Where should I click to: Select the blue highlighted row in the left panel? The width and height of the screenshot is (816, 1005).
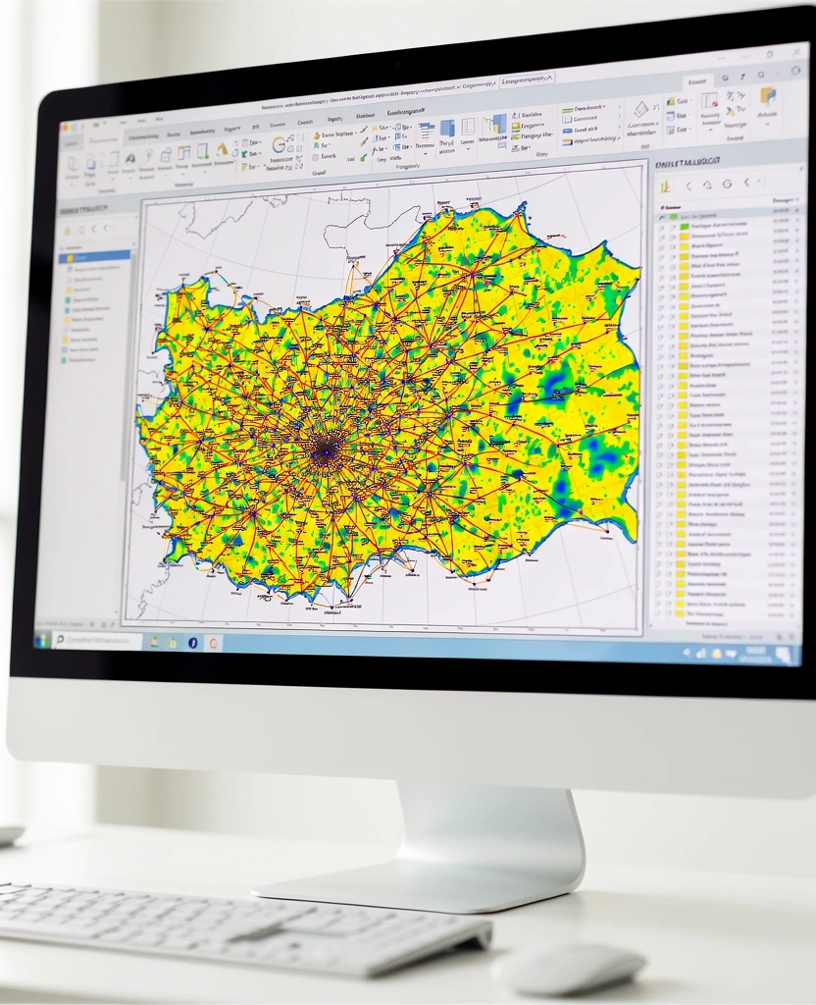[x=94, y=256]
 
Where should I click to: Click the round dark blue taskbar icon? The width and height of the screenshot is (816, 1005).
[x=193, y=642]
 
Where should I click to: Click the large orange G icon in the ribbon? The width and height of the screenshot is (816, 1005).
[x=279, y=144]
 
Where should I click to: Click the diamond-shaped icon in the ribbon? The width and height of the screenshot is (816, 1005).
[x=641, y=109]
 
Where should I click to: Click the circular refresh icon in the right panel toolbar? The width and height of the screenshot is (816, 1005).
[x=727, y=183]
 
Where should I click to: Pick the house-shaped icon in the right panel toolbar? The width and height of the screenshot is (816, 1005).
[x=706, y=184]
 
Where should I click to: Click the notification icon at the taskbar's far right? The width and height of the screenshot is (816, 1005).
[x=784, y=654]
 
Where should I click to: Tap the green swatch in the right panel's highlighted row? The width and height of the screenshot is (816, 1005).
[x=684, y=225]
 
